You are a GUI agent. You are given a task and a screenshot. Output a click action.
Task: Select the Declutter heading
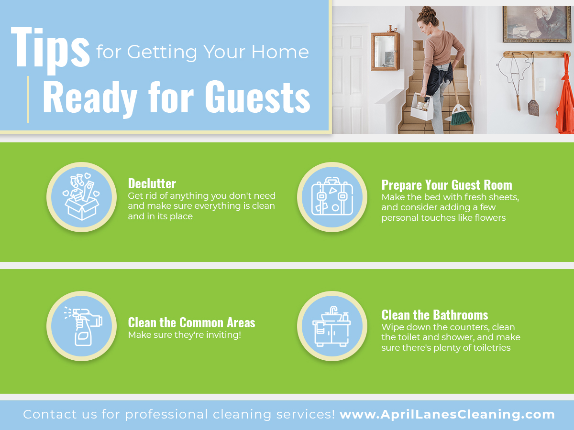[x=152, y=183]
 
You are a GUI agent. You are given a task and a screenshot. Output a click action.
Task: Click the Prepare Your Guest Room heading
[x=447, y=185]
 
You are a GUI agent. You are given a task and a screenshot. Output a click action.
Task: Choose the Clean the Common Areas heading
[x=191, y=322]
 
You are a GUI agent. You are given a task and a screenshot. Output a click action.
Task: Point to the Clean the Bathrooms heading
[x=435, y=315]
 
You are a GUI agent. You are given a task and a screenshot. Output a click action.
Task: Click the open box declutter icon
[x=81, y=197]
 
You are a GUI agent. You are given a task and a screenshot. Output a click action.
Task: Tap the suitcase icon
[x=332, y=196]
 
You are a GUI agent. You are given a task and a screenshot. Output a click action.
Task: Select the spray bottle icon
[x=83, y=326]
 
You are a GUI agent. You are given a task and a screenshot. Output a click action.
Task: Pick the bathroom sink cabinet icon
[x=331, y=326]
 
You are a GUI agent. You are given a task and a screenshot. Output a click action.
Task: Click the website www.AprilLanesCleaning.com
[x=447, y=414]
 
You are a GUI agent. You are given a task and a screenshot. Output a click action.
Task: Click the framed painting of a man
[x=537, y=24]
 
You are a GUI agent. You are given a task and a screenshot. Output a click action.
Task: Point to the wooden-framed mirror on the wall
[x=385, y=51]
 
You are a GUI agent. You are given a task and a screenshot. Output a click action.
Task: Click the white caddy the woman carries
[x=422, y=107]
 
